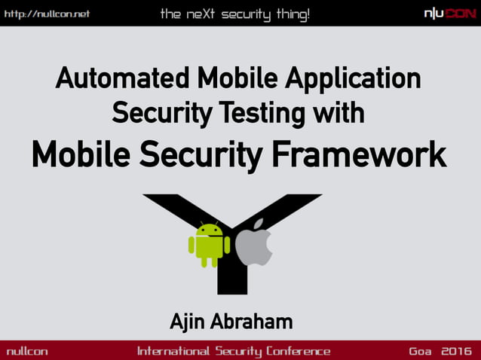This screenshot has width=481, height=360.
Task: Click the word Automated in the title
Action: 122,79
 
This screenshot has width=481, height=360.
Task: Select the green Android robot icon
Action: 209,244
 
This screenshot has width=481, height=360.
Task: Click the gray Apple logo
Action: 254,243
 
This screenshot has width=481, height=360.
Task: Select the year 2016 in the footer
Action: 456,351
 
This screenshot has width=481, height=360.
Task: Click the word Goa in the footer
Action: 421,351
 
